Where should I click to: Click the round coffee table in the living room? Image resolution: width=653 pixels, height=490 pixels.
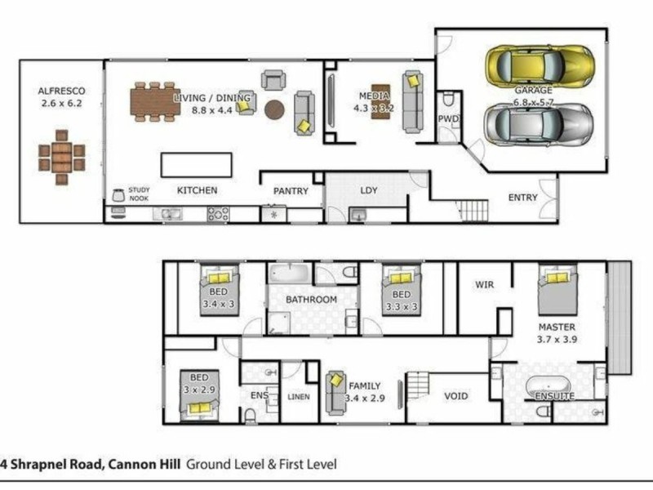click(x=275, y=109)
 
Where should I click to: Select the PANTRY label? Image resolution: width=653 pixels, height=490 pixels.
click(x=291, y=191)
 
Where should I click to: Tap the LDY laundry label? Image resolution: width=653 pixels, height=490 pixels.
click(x=369, y=191)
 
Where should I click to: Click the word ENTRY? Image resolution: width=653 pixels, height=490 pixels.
click(x=522, y=198)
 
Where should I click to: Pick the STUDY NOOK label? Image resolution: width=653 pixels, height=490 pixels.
click(x=140, y=193)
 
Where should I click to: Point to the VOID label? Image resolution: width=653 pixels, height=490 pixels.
click(x=455, y=396)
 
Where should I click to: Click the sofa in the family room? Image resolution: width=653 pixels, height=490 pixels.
click(x=335, y=393)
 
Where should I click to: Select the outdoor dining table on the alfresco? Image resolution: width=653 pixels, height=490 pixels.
click(x=62, y=155)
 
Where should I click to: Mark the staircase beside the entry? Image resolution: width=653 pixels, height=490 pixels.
click(x=473, y=211)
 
